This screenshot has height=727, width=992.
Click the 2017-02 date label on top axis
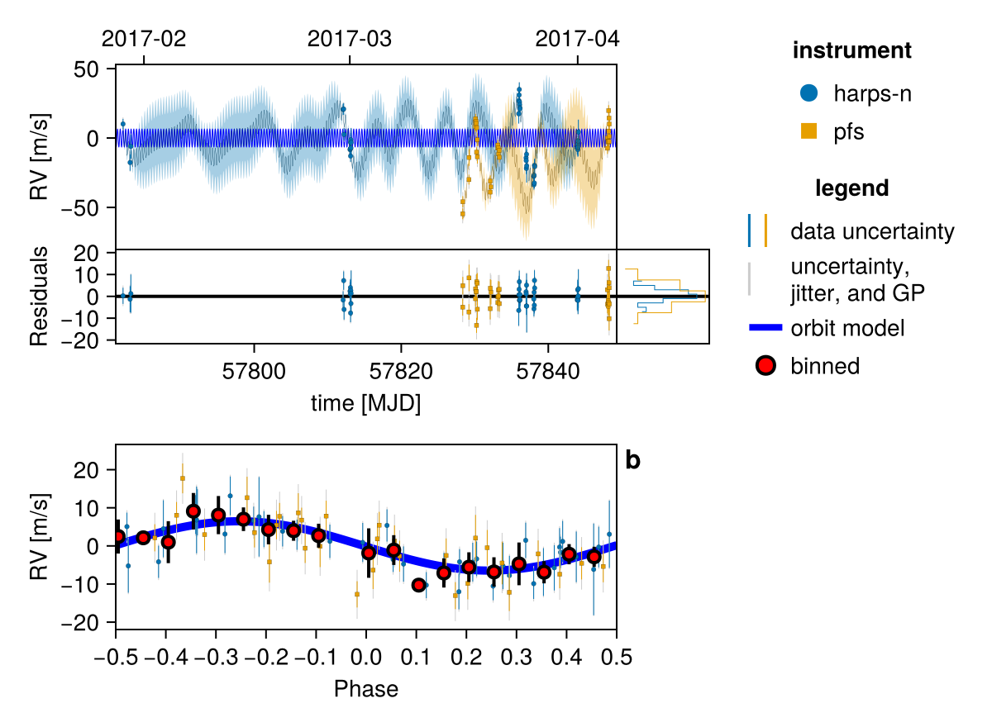click(144, 39)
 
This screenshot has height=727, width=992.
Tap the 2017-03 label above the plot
click(350, 39)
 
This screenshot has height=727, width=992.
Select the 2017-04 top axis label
click(577, 39)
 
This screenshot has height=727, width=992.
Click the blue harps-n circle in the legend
click(808, 93)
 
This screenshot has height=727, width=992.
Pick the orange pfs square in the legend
click(808, 131)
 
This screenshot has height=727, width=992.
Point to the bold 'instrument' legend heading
click(852, 50)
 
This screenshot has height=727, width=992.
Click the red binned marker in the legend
click(765, 365)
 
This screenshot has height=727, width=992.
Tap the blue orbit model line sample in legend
click(765, 327)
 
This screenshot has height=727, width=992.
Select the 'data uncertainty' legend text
click(872, 231)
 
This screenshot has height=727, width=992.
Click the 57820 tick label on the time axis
click(401, 371)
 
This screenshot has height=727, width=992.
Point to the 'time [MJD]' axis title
click(365, 403)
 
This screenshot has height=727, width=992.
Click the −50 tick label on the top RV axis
click(85, 208)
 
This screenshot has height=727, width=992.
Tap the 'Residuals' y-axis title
click(39, 297)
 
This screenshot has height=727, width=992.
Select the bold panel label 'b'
click(633, 460)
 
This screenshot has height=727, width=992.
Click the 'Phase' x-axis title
click(365, 689)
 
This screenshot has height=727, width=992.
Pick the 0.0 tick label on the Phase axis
click(365, 657)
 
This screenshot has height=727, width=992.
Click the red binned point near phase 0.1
click(418, 585)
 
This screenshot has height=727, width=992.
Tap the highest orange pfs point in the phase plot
click(183, 478)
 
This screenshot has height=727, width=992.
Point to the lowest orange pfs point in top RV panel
click(462, 214)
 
